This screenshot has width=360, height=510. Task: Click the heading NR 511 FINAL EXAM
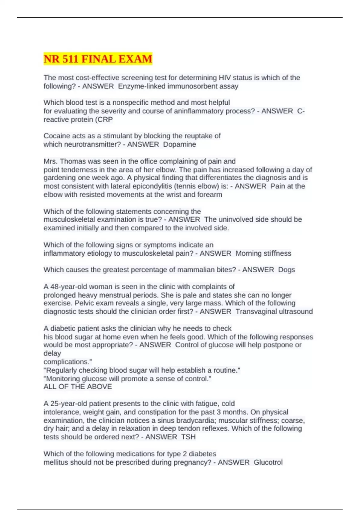[98, 59]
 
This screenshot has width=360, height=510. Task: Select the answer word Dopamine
[179, 144]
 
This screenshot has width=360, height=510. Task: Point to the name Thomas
[71, 161]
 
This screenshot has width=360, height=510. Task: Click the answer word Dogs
[286, 270]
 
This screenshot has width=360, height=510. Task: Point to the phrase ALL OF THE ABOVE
[78, 387]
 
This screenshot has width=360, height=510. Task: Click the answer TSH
[188, 437]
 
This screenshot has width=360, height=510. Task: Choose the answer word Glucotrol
[268, 462]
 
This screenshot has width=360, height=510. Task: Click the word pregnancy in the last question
[192, 462]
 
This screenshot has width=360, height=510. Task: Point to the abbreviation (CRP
[104, 120]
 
